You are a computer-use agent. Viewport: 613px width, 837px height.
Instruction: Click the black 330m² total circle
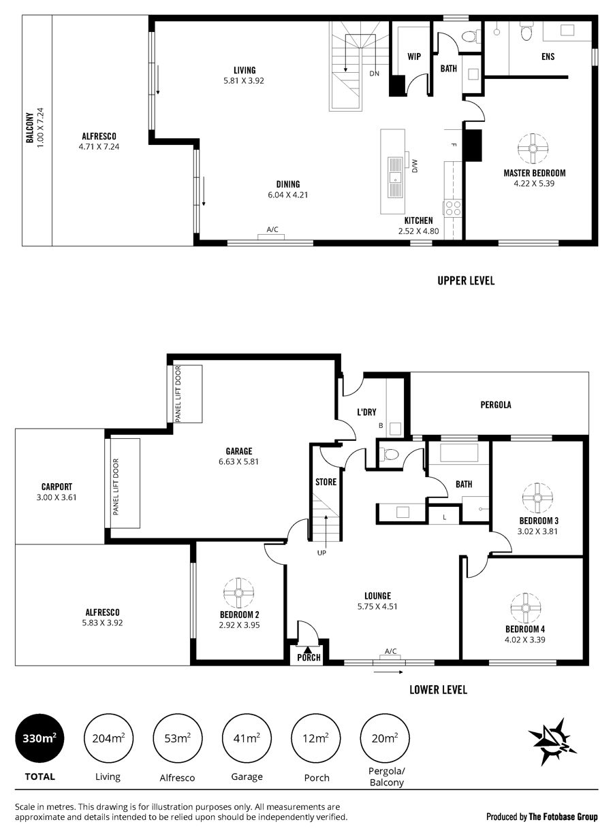point(40,738)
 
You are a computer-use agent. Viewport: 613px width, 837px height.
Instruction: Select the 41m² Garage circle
point(247,738)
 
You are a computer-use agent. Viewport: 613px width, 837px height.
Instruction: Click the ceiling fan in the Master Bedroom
point(533,148)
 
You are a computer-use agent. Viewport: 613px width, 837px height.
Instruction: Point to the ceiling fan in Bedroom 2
point(238,593)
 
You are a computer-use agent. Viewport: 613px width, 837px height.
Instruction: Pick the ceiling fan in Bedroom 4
point(526,608)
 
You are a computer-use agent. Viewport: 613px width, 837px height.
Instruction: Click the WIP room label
point(414,56)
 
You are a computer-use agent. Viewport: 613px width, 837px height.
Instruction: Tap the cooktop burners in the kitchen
point(453,208)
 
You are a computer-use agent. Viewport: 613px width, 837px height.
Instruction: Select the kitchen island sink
point(394,177)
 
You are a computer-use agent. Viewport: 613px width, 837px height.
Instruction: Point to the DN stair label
point(374,73)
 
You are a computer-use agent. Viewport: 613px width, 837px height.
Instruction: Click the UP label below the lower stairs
point(321,553)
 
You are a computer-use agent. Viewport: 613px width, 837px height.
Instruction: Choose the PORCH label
point(309,657)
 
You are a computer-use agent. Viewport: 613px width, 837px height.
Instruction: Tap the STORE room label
point(326,482)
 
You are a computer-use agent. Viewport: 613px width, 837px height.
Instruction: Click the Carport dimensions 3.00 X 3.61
point(57,497)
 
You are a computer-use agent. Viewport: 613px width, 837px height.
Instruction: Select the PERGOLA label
point(496,405)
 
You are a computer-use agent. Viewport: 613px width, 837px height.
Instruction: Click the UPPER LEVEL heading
point(466,280)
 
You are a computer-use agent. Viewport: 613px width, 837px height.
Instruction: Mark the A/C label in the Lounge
point(391,651)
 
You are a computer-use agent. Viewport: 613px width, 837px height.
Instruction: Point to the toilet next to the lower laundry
point(390,455)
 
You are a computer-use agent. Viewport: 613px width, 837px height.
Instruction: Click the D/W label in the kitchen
point(414,166)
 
